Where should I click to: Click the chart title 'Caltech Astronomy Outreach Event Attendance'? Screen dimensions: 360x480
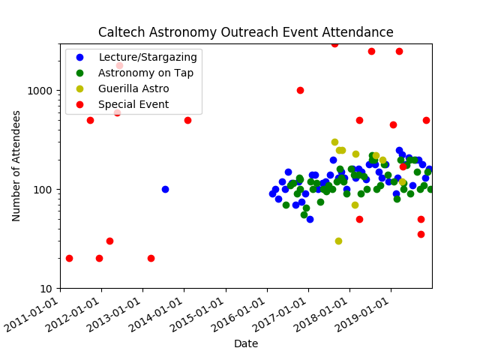pos(246,32)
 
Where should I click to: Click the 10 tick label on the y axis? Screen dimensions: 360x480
pos(46,289)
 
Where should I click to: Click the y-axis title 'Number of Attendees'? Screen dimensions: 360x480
pos(16,166)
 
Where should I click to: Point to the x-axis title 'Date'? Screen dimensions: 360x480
pos(246,343)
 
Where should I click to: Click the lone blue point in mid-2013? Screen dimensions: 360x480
pos(165,189)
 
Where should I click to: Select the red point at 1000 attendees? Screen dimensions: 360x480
pos(300,90)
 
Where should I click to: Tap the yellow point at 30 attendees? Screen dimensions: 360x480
pos(338,241)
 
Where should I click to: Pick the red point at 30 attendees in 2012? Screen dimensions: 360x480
pos(109,241)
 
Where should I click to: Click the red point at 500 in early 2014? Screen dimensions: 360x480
pos(187,120)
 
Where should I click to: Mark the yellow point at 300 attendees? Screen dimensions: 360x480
pos(334,142)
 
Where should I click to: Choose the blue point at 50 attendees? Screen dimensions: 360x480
pos(310,219)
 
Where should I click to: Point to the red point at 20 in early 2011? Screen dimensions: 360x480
pos(69,258)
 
